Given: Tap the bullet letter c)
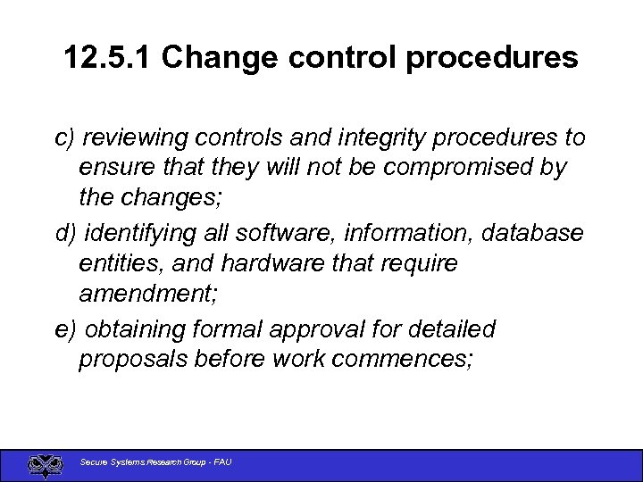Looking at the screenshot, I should point(64,138).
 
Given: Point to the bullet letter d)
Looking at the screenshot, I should point(65,234).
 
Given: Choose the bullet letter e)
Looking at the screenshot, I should point(65,329).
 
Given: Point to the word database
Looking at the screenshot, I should point(533,234).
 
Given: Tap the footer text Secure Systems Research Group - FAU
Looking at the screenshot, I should point(155,462).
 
